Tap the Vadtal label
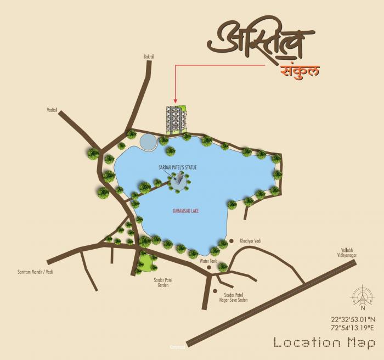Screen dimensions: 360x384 (52, 110)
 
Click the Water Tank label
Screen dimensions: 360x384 (208, 261)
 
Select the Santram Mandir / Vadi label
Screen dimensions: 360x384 (35, 272)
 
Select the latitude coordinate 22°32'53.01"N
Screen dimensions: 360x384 (353, 319)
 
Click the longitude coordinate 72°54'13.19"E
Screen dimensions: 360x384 (353, 328)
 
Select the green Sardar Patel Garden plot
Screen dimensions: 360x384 (146, 260)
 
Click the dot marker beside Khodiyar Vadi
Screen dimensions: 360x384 (232, 241)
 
